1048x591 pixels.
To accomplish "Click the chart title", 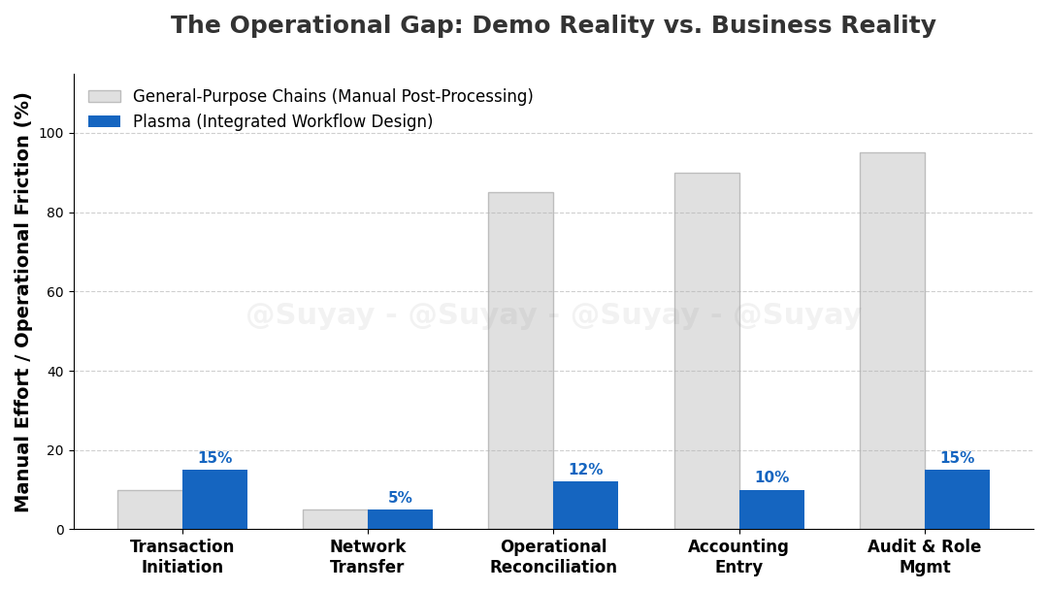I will pyautogui.click(x=553, y=26).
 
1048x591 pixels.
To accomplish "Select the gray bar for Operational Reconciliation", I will pyautogui.click(x=521, y=360).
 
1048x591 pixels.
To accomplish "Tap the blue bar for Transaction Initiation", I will pyautogui.click(x=214, y=500).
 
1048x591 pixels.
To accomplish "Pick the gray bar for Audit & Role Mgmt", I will pyautogui.click(x=892, y=341).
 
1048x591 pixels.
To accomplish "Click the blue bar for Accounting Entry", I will pyautogui.click(x=771, y=509).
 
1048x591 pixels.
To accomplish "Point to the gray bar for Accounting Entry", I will pyautogui.click(x=706, y=350).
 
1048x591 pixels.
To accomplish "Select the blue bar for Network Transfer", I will pyautogui.click(x=400, y=519).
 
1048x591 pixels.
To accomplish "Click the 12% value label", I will pyautogui.click(x=585, y=470).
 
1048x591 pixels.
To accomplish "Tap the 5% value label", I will pyautogui.click(x=400, y=498).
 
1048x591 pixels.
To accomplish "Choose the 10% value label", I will pyautogui.click(x=771, y=477).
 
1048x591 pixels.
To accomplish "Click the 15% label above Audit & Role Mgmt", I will pyautogui.click(x=957, y=458).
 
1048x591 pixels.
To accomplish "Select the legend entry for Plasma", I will pyautogui.click(x=282, y=122).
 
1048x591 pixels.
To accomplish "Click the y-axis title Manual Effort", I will pyautogui.click(x=23, y=302).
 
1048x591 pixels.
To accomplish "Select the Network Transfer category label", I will pyautogui.click(x=368, y=557).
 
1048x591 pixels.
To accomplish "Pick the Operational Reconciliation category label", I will pyautogui.click(x=553, y=557).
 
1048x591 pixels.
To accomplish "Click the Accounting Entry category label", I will pyautogui.click(x=738, y=557).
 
